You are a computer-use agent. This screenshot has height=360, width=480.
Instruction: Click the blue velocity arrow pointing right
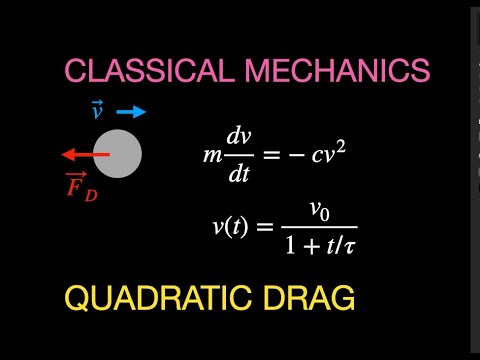click(x=131, y=112)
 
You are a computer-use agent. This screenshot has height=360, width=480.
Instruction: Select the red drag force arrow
click(x=84, y=155)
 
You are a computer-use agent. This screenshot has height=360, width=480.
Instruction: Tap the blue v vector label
click(x=97, y=111)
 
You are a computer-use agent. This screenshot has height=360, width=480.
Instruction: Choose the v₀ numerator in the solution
click(x=319, y=211)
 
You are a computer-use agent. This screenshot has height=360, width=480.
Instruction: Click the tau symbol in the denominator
click(x=350, y=243)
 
